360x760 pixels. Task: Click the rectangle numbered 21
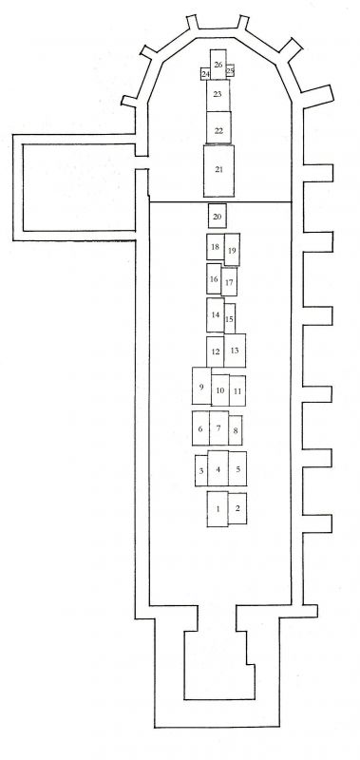[x=218, y=171]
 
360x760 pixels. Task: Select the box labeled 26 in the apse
[x=218, y=65]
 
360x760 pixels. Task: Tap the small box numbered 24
[x=205, y=74]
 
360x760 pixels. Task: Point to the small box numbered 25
[x=230, y=70]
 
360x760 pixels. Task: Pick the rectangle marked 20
[x=218, y=216]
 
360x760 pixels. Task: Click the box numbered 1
[x=218, y=509]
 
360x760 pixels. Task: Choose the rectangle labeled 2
[x=237, y=508]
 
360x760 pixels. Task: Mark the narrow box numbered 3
[x=201, y=470]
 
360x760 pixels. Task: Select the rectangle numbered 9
[x=201, y=386]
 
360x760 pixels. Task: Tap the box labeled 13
[x=235, y=351]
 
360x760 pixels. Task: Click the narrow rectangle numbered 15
[x=230, y=319]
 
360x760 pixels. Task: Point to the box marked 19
[x=232, y=250]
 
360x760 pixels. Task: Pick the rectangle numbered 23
[x=218, y=96]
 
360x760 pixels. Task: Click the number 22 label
[x=218, y=130]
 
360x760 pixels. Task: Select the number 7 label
[x=218, y=428]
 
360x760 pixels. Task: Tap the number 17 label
[x=229, y=282]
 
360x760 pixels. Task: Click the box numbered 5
[x=237, y=468]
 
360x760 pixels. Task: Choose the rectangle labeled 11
[x=237, y=390]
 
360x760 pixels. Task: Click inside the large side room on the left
[x=79, y=187]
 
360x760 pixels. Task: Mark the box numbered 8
[x=236, y=430]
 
